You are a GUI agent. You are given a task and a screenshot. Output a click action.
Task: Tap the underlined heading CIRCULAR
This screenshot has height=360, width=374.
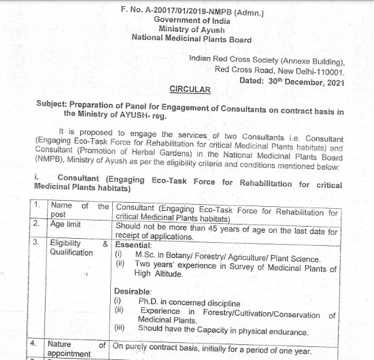189,89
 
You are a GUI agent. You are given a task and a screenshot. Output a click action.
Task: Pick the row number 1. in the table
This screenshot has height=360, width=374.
38,206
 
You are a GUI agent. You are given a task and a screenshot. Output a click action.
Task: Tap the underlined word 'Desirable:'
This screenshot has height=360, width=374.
133,291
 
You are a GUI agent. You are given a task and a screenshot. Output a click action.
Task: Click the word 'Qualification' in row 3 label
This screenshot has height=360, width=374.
71,252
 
